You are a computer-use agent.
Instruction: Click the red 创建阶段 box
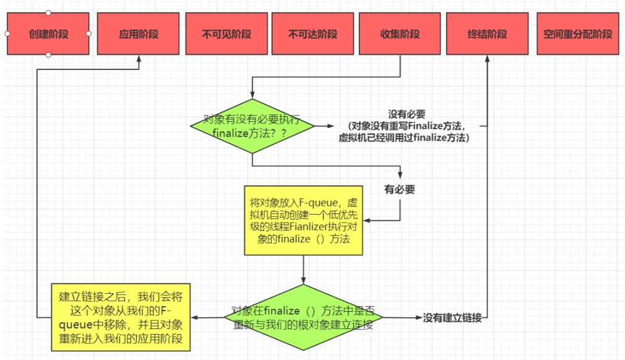(48, 34)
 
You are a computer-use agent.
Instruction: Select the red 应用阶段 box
(139, 34)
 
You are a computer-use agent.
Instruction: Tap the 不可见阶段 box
(226, 34)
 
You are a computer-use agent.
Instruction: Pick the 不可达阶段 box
(312, 34)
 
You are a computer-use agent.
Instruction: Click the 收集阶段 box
(400, 34)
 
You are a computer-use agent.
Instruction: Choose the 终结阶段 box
(488, 34)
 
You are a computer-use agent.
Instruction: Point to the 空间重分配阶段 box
(577, 34)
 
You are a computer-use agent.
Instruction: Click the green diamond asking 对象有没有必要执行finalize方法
(252, 126)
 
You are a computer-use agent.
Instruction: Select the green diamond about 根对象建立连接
(303, 318)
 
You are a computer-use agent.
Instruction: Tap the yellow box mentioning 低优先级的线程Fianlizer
(303, 220)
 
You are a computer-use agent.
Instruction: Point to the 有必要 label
(400, 190)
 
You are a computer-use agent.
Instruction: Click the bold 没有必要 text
(407, 114)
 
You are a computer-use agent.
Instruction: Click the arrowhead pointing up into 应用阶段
(139, 59)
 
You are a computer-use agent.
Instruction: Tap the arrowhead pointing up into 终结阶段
(488, 59)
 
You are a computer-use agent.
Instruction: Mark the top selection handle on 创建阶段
(49, 13)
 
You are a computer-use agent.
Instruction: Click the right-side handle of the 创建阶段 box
(89, 34)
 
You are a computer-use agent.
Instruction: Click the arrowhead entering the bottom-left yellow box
(194, 318)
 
